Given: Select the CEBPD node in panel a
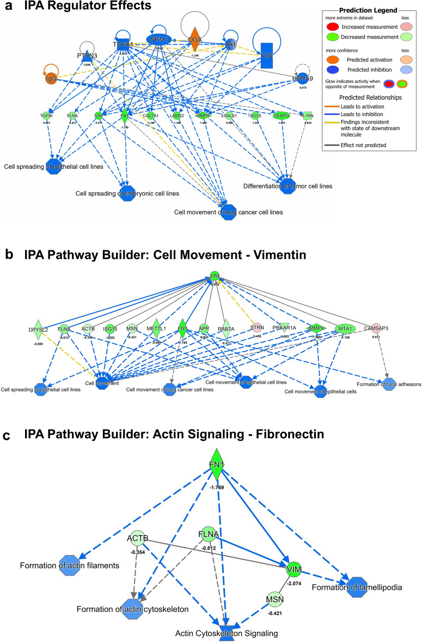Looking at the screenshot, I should [x=282, y=115].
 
